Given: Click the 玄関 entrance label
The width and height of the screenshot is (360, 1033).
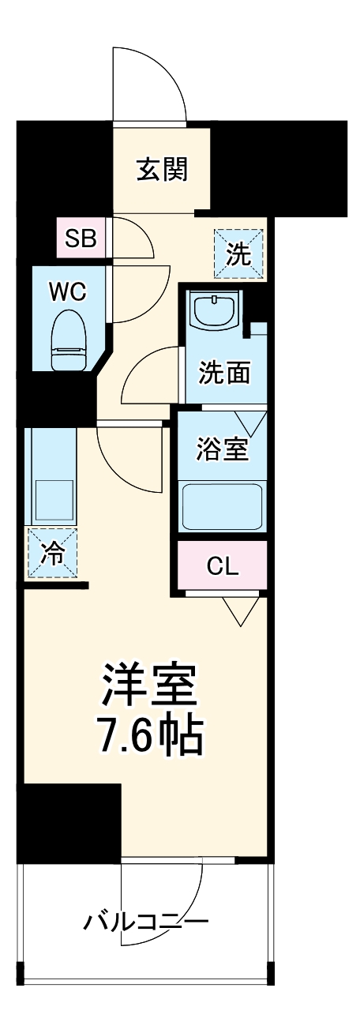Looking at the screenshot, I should tap(162, 170).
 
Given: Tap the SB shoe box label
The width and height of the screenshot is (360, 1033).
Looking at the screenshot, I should tap(81, 238).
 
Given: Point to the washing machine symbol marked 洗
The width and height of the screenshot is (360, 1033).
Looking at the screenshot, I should tap(239, 254).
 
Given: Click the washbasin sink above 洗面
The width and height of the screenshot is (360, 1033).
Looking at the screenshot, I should tap(216, 309).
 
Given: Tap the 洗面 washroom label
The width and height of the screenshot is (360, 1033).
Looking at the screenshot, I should tap(223, 371).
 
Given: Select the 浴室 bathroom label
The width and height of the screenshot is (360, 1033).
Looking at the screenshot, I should tap(223, 449).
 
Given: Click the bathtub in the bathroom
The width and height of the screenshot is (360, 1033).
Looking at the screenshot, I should tap(222, 507).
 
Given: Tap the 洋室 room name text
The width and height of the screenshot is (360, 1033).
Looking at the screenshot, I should tap(148, 685).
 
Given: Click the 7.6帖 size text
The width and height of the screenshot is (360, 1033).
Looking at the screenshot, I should tap(150, 735).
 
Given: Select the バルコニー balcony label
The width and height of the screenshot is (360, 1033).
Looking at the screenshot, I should tap(146, 921).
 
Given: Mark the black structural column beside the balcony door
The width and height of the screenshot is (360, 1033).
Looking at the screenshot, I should tap(69, 821).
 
